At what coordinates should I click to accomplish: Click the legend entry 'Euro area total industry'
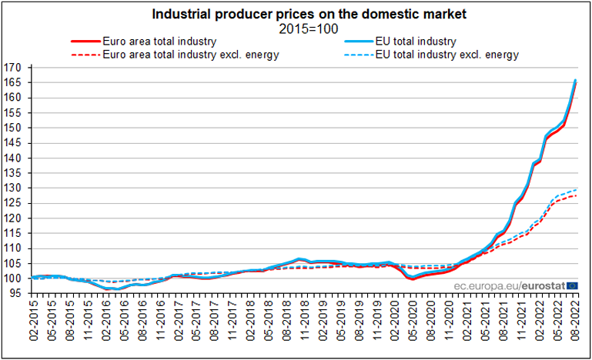click(159, 41)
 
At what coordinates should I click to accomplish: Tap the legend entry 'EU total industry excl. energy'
click(447, 55)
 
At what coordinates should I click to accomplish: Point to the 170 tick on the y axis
click(15, 68)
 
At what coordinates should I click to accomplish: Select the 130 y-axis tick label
click(15, 188)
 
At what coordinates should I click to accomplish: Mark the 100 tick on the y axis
click(15, 278)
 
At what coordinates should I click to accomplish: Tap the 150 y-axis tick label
click(15, 128)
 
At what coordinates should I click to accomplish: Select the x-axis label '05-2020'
click(413, 327)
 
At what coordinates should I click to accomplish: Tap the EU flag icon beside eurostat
click(572, 285)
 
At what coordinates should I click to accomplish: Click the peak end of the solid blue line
click(576, 80)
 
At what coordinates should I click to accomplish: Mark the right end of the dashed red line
click(576, 195)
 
